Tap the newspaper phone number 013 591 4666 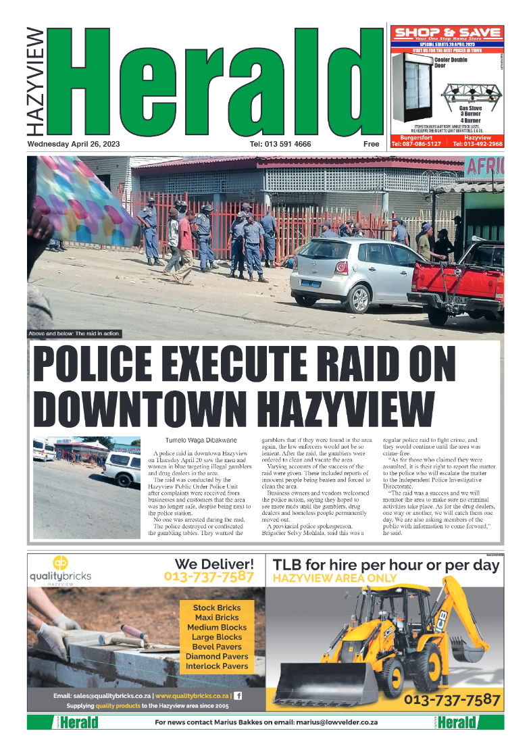coord(280,145)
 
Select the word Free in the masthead coord(371,145)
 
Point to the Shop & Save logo coord(447,33)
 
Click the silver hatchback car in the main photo coord(349,270)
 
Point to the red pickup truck coord(459,284)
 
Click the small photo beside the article coord(86,487)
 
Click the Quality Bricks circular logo coord(60,563)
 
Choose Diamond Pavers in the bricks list coord(217,656)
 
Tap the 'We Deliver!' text coord(214,563)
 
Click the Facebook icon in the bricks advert coord(238,696)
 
